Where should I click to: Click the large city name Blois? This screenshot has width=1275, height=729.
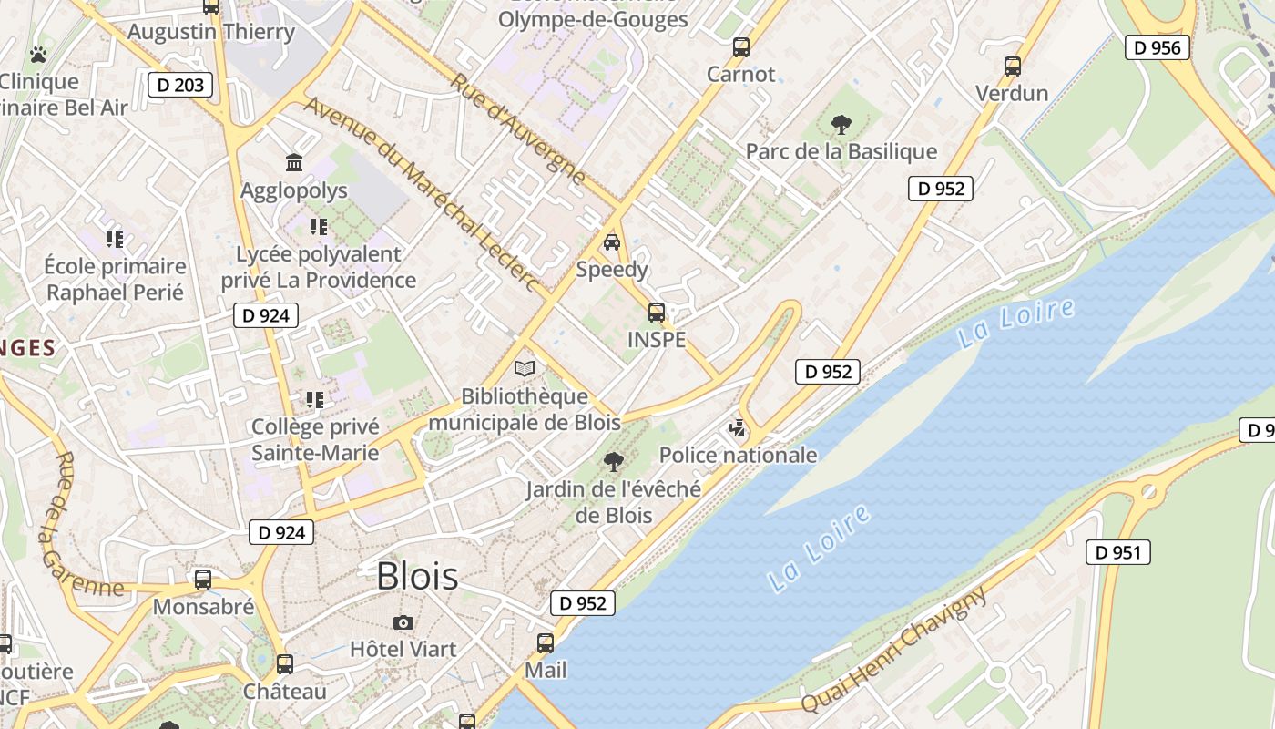417,576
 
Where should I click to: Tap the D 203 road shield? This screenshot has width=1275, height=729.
180,86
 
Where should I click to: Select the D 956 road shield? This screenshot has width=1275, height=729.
1158,47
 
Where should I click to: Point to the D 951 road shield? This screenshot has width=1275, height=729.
1118,552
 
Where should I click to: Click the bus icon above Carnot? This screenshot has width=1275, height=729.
741,47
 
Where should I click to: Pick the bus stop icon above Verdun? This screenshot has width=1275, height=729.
1013,66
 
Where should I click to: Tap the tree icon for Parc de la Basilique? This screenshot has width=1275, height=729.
841,125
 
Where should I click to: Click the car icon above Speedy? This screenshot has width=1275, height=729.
612,242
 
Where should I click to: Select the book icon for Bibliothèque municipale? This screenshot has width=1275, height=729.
524,368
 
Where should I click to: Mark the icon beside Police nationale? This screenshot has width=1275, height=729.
738,427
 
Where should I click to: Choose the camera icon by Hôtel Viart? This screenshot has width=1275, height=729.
403,622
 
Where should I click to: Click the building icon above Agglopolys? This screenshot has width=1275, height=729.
294,163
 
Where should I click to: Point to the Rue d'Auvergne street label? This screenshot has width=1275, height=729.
516,128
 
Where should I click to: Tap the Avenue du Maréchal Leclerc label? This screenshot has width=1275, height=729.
423,194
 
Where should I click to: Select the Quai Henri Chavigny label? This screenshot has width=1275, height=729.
894,649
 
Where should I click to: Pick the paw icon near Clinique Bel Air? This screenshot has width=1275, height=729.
37,55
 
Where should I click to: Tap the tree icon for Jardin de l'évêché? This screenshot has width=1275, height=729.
614,462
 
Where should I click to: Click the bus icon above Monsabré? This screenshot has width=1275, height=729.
203,580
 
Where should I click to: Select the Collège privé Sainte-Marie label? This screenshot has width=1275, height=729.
315,439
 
